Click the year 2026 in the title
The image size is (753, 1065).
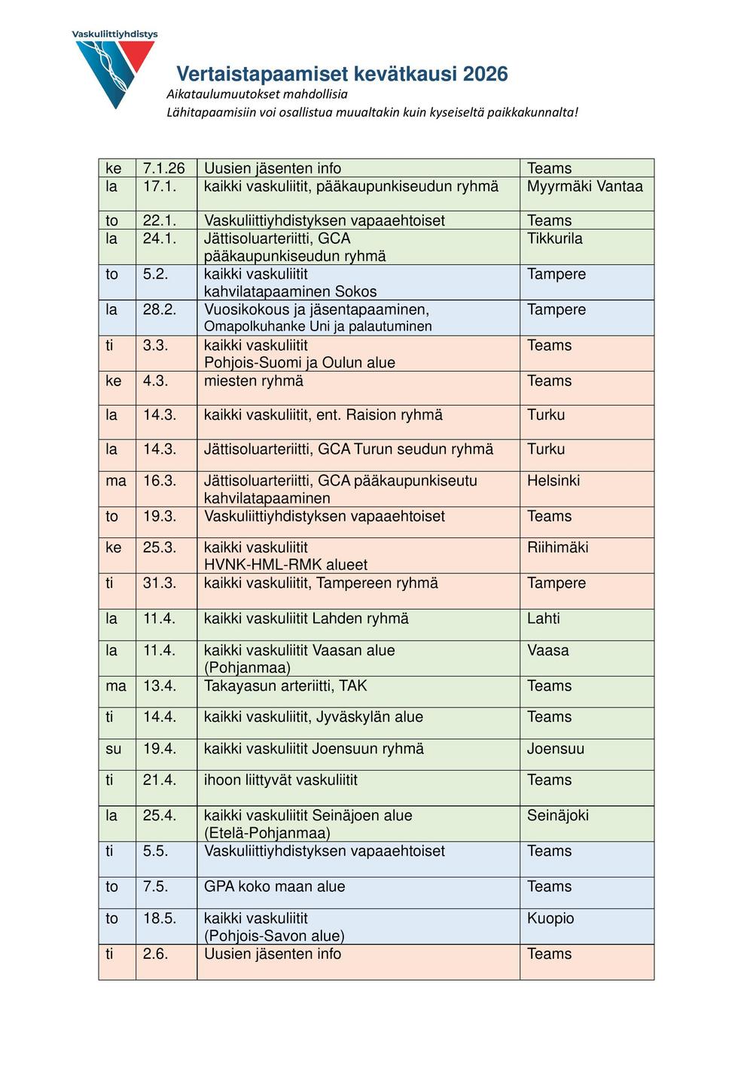485,74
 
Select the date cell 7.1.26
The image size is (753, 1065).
164,169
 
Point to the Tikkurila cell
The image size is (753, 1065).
554,239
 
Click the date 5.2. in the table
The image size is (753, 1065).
155,274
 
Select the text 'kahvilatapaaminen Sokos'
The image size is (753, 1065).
290,291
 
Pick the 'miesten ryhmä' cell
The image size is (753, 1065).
254,381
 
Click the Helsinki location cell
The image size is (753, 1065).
553,480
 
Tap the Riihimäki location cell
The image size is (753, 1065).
557,547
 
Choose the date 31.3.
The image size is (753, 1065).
159,583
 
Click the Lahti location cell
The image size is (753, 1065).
543,619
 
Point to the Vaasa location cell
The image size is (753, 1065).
547,650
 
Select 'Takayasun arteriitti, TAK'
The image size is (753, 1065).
285,686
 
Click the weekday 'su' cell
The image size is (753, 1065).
114,749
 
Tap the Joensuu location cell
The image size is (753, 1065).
555,749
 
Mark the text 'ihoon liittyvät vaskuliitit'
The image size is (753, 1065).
281,780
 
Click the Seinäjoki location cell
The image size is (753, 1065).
557,816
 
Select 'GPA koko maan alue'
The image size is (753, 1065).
274,887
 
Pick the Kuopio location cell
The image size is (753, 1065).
550,918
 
